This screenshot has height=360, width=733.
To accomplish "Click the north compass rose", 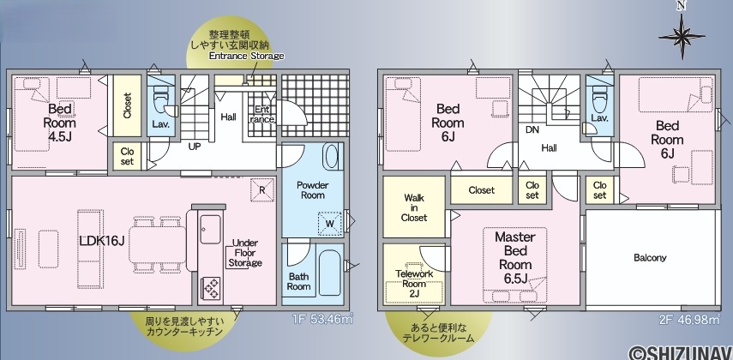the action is click(x=682, y=35).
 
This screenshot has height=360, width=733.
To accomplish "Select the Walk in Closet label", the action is click(x=414, y=207).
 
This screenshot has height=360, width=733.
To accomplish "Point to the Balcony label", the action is click(x=650, y=258).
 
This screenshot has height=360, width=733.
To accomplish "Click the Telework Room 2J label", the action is click(x=414, y=284).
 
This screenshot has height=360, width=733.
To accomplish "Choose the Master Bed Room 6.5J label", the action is click(x=515, y=258).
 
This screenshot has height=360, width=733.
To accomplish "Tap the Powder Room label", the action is click(x=312, y=189).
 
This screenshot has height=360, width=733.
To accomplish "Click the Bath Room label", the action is click(x=298, y=281).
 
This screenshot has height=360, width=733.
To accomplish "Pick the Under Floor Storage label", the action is click(x=245, y=253).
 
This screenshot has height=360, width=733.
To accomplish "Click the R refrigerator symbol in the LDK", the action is click(x=262, y=190).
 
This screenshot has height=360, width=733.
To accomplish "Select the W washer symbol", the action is click(x=330, y=224).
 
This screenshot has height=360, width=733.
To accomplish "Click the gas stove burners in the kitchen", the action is click(x=210, y=288).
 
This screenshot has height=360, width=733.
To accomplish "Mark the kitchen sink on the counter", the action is click(x=210, y=229).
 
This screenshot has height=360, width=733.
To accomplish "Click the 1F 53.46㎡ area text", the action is click(x=322, y=320).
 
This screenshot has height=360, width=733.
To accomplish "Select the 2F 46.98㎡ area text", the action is click(x=690, y=320).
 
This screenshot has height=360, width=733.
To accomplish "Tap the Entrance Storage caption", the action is click(x=246, y=56).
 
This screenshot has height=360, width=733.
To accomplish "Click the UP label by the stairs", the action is click(x=195, y=147).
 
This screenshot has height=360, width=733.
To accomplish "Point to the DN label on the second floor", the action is click(x=532, y=130).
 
